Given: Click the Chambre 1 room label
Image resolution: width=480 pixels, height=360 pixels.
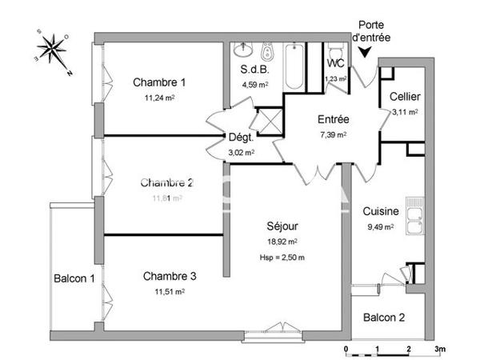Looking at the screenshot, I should click(159, 82).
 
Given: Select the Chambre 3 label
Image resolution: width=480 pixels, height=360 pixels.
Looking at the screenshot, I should click(170, 276).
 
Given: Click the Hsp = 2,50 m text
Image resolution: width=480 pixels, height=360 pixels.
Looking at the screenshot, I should click(282, 257).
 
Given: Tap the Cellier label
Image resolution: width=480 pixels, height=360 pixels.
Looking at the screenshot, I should click(405, 97).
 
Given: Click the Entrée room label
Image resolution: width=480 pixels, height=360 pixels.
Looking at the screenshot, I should click(333, 119).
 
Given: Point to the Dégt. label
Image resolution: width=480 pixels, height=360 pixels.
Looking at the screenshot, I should click(241, 137).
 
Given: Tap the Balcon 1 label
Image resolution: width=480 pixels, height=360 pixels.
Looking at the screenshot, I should click(74, 278).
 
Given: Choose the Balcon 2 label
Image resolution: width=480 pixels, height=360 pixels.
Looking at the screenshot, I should click(383, 318).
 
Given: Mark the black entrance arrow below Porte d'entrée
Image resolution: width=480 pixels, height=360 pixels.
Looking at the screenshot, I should click(366, 54).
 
